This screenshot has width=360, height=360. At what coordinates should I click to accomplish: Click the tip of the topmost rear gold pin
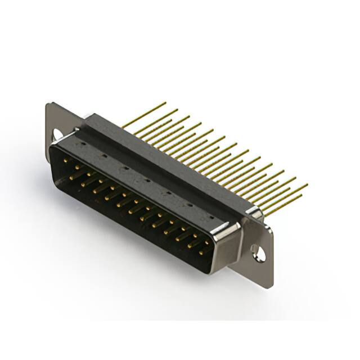165,103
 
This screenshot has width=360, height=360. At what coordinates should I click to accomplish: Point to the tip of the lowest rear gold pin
301,196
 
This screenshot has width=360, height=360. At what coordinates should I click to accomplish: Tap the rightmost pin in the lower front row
201,253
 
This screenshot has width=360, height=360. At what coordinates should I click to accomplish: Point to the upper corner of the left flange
50,103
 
